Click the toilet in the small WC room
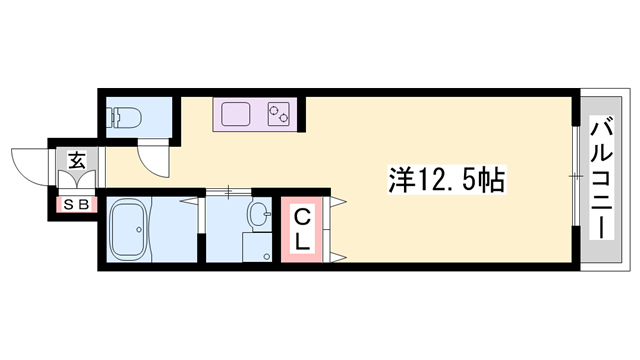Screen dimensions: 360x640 [128, 118]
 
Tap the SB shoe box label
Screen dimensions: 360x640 [75, 205]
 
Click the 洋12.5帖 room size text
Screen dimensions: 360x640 [443, 180]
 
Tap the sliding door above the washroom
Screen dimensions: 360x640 [228, 190]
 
